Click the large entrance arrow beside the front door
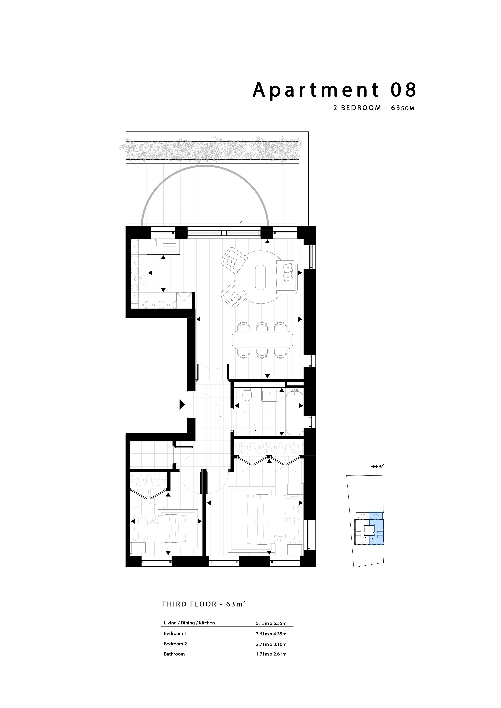(182, 404)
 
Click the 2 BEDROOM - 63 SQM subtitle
(374, 108)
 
